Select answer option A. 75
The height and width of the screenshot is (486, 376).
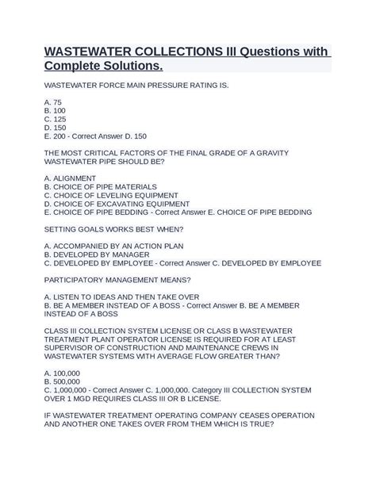pyautogui.click(x=53, y=103)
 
